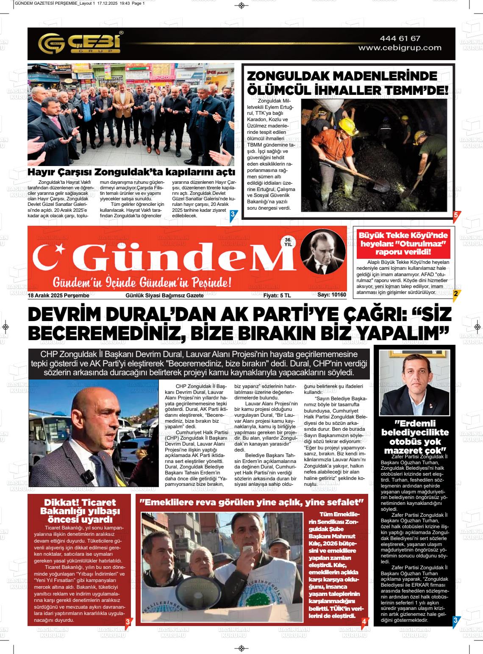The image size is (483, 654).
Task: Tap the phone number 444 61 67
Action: coord(400,39)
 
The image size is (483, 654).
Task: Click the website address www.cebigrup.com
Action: coord(400,48)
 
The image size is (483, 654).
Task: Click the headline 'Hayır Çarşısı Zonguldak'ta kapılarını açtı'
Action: coord(131,172)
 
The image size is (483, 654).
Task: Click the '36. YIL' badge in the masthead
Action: coord(289,242)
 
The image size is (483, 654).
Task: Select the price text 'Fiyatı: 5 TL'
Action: coord(277,295)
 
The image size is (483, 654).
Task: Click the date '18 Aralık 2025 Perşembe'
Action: coord(58,295)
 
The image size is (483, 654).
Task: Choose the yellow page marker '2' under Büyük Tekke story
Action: coord(455,294)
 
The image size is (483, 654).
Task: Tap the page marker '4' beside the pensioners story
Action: coord(364,621)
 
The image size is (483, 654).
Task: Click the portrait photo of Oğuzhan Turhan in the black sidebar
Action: coord(414,383)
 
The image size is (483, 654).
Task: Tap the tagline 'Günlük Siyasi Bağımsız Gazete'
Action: coord(164,295)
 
